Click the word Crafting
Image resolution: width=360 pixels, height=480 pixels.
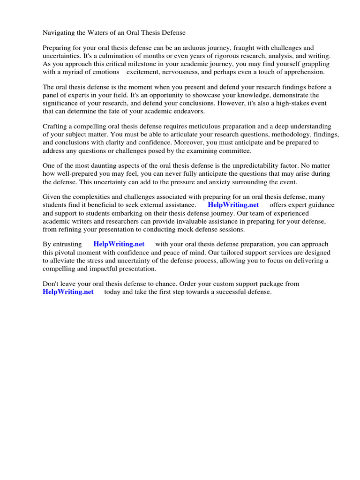tap(56, 127)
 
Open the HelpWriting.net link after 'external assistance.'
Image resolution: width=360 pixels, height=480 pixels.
tap(233, 205)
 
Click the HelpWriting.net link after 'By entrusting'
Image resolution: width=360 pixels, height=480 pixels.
tap(119, 244)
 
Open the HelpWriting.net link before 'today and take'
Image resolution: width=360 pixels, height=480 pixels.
tap(68, 292)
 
